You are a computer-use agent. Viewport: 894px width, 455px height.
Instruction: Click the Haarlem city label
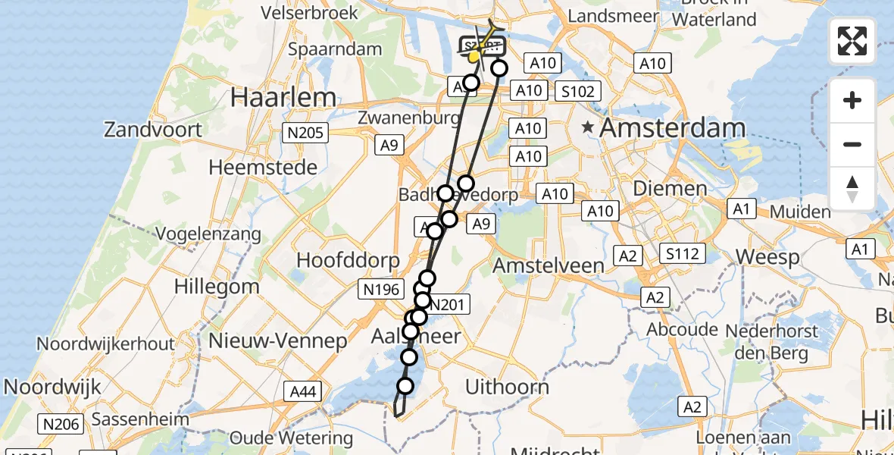coord(283,97)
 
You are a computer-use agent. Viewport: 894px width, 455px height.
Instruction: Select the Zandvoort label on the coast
coord(153,130)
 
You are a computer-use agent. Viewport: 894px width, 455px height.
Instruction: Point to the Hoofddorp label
coord(348,261)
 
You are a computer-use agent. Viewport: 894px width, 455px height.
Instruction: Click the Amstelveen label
coord(549,265)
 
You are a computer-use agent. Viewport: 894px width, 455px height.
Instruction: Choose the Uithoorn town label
coord(507,388)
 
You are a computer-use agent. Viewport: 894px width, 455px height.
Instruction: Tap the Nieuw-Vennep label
coord(277,340)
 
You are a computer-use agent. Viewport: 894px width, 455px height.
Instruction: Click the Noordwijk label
coord(52,388)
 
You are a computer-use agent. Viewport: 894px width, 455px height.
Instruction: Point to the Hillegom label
coord(217,287)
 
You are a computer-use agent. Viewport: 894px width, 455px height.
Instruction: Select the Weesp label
coord(767,258)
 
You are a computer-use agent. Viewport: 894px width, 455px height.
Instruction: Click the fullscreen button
coord(852,41)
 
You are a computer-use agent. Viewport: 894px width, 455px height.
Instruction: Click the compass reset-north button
coord(852,189)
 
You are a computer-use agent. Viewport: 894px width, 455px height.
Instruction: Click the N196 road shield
coord(381,288)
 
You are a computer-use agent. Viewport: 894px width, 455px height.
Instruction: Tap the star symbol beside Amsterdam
coord(588,127)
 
